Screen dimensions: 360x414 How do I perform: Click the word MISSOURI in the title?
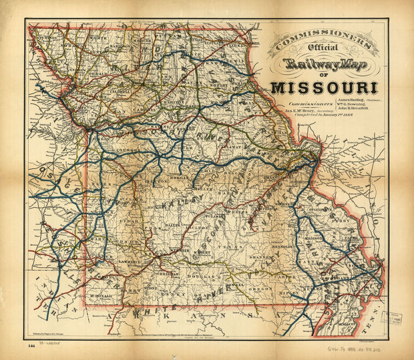pos(325,87)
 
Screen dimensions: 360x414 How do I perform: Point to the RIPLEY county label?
pos(288,293)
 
